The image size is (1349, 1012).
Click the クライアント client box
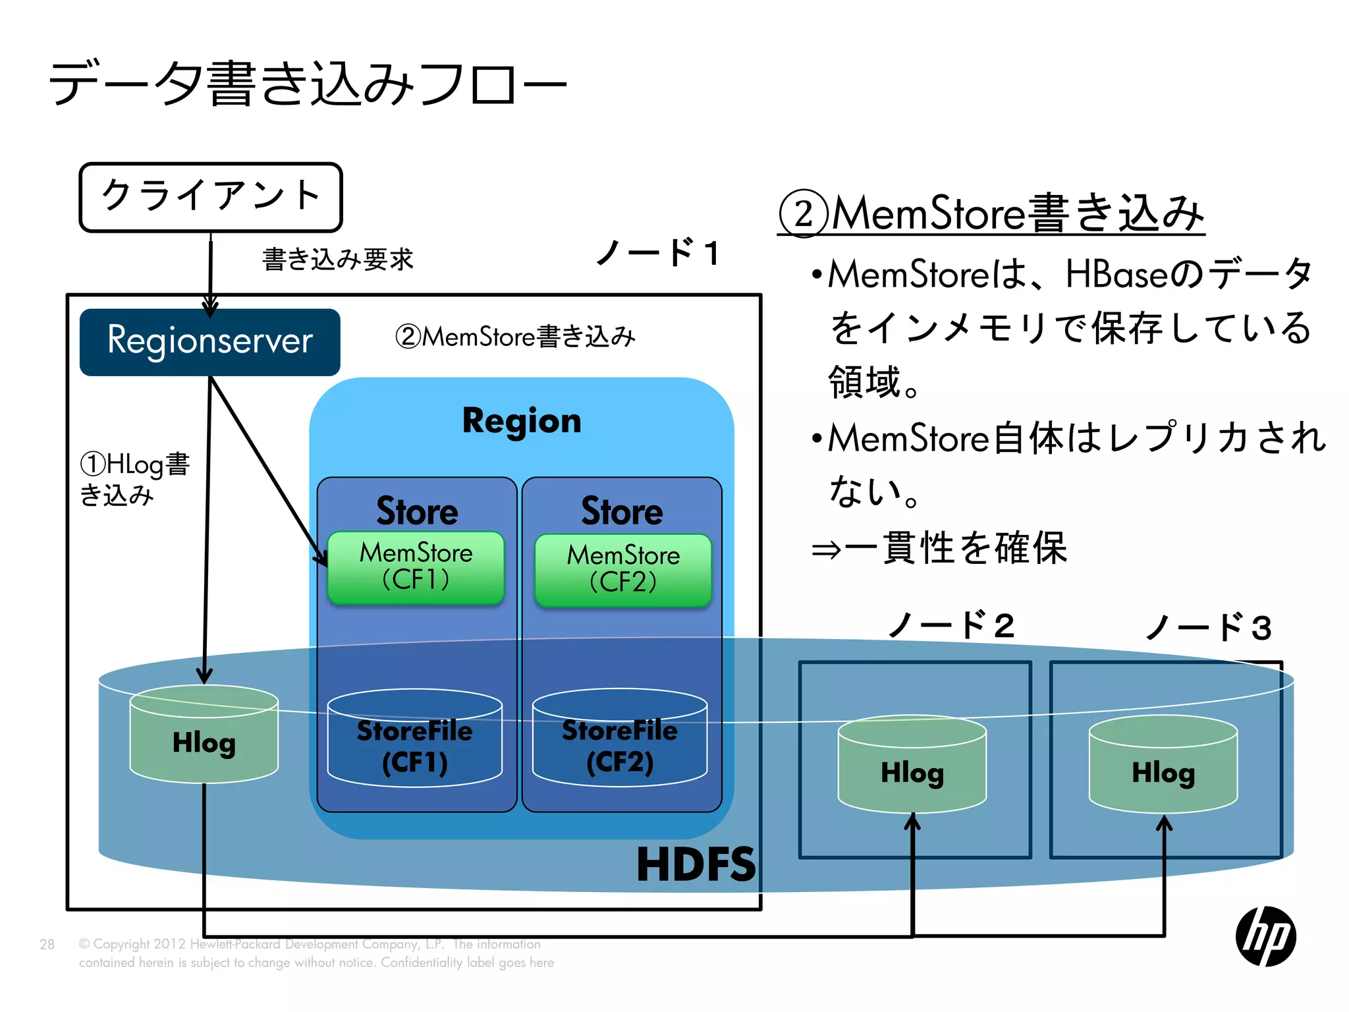pos(211,197)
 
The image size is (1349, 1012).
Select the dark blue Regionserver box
pos(209,342)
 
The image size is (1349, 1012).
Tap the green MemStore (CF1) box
pos(416,567)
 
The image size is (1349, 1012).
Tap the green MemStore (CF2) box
pos(623,570)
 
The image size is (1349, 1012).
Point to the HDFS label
pos(696,864)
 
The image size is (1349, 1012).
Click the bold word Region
pos(522,421)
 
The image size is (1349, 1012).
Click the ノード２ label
pos(951,625)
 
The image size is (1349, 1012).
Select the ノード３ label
pos(1208,627)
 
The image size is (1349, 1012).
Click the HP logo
pos(1265,936)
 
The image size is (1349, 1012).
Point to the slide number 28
pos(47,944)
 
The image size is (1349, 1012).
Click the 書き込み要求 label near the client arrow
pos(338,260)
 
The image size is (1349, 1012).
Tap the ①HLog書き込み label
pos(134,479)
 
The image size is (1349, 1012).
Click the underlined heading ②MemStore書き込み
pos(991,213)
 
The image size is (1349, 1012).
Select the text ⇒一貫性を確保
pos(939,548)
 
